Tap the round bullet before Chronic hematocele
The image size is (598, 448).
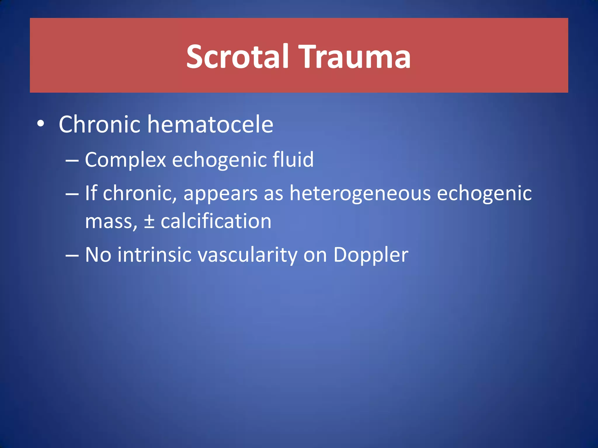tap(41, 124)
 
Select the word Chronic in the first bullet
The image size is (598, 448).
tap(100, 125)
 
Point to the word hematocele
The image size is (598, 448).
tap(210, 125)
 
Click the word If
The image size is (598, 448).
tap(91, 193)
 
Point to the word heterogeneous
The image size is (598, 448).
tap(360, 194)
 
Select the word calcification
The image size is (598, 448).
tap(216, 221)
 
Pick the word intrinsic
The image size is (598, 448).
tap(154, 255)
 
